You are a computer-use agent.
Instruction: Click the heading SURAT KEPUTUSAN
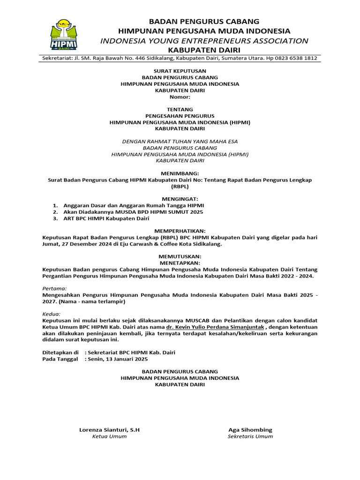coord(180,71)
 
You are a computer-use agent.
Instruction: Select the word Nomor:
coord(180,97)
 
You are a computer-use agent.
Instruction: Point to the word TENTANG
coord(180,109)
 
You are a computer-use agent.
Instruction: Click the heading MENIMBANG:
coord(180,173)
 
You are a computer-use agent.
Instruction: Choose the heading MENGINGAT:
coord(180,199)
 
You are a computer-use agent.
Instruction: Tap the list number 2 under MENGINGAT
coord(55,212)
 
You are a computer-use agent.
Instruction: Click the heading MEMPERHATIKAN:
coord(180,231)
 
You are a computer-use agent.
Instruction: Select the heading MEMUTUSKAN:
coord(180,256)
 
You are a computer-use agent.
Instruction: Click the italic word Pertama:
coord(54,288)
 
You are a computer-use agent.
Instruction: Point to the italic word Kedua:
coord(52,314)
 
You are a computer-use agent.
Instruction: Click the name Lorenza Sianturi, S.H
coord(109,430)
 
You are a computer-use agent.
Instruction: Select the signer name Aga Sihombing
coord(250,430)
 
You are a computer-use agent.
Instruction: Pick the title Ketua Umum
coord(109,436)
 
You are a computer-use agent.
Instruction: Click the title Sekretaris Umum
coord(250,436)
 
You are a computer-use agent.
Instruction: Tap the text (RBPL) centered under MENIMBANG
coord(180,186)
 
